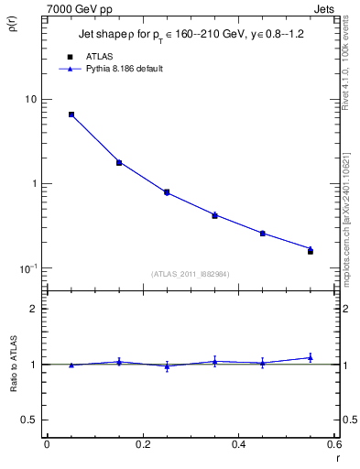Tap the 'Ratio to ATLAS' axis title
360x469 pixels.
(x=13, y=391)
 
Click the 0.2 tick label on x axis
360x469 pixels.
(x=142, y=445)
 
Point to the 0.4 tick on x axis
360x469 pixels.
(x=238, y=445)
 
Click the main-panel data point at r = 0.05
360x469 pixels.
(x=71, y=115)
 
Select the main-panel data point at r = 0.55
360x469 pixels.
(x=311, y=250)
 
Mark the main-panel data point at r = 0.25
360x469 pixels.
(x=167, y=192)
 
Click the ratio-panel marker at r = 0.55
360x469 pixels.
(x=311, y=358)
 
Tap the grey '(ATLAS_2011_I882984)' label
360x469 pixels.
(x=191, y=274)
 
